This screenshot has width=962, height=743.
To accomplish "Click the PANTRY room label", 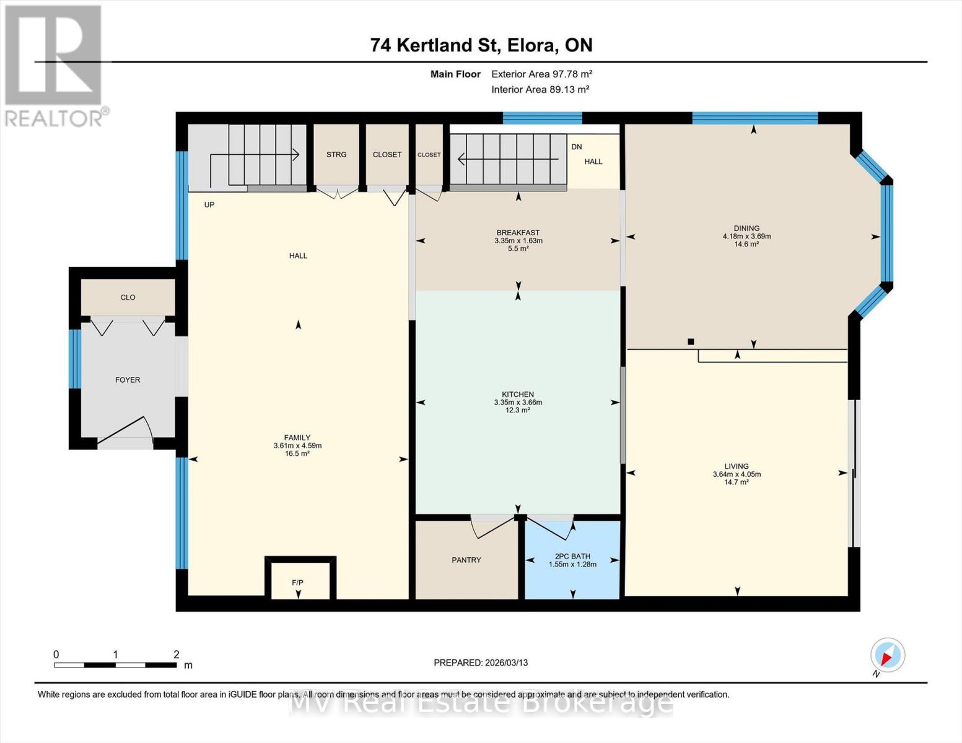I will [466, 560].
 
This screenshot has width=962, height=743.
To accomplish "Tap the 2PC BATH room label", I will [572, 556].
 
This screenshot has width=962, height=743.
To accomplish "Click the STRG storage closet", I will [336, 155].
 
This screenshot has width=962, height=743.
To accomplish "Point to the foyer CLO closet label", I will [128, 297].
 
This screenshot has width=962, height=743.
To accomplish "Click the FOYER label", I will [128, 380].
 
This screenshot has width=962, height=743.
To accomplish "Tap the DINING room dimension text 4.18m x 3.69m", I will [746, 236].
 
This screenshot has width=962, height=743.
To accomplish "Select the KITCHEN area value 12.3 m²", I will [518, 410].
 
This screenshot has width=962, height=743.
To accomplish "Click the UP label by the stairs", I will [209, 204].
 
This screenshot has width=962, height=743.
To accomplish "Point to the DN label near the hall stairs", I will [577, 147].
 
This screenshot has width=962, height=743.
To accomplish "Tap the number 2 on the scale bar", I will [176, 654].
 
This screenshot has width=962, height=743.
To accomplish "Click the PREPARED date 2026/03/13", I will [481, 663].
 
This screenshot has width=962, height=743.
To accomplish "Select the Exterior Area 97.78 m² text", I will [542, 74].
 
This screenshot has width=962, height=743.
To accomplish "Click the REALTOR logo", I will [54, 65].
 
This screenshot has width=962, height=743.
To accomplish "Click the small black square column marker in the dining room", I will [691, 341].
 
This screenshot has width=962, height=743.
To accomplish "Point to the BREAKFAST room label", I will [518, 233].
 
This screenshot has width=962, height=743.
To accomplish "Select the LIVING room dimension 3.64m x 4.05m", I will [737, 474].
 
